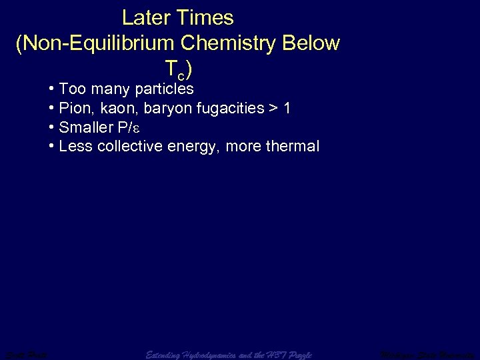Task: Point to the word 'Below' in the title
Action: pyautogui.click(x=311, y=43)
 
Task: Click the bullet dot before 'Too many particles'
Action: pyautogui.click(x=52, y=89)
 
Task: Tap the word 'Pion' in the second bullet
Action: pyautogui.click(x=74, y=108)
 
